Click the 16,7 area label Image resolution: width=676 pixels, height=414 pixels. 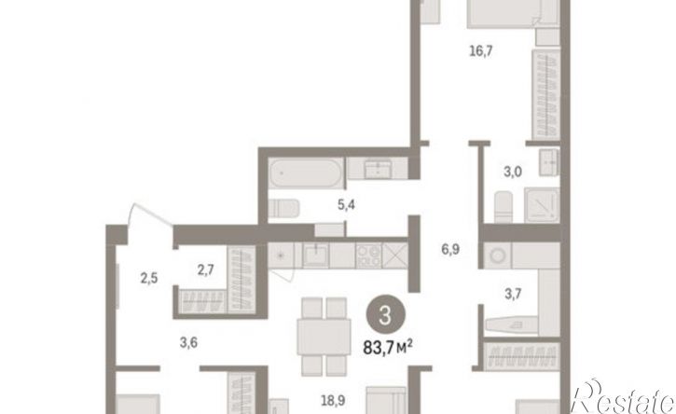(481, 52)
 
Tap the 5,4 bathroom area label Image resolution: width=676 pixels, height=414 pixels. (346, 205)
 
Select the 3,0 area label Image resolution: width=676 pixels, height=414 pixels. (513, 172)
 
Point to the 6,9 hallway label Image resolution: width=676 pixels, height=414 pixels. (450, 249)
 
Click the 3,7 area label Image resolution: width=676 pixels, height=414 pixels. (513, 294)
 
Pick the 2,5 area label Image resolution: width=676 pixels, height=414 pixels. (149, 279)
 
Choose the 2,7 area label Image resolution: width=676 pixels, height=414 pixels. (206, 270)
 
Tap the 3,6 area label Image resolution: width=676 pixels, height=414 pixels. (188, 343)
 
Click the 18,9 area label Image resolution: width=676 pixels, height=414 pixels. (332, 401)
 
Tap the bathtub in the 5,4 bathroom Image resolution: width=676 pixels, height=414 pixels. (306, 172)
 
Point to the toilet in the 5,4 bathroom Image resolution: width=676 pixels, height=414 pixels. (283, 209)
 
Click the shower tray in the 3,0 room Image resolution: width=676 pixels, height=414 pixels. (542, 205)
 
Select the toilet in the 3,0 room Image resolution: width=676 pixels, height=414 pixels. (504, 207)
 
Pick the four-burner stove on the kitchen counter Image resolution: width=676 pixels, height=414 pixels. (368, 255)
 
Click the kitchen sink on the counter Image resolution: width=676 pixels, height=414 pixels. (315, 255)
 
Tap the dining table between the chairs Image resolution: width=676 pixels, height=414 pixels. (324, 337)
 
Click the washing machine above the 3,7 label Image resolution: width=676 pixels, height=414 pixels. (498, 255)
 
